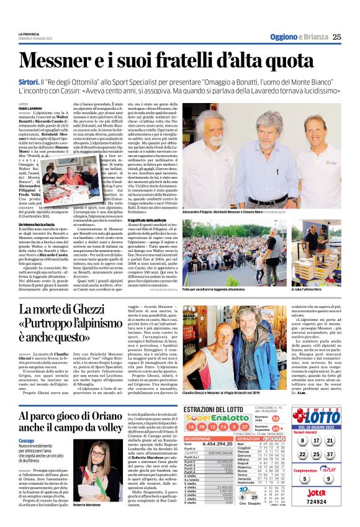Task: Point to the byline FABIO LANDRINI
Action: click(x=30, y=109)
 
